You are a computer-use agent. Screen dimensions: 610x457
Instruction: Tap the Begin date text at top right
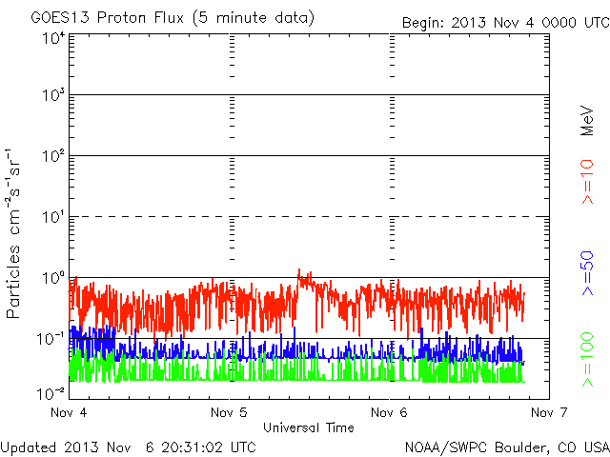[x=506, y=23]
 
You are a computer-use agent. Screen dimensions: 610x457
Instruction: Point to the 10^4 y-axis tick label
[x=53, y=38]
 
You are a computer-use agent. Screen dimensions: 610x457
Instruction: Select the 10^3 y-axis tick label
[x=53, y=94]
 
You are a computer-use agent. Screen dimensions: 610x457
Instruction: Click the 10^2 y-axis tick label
[x=53, y=156]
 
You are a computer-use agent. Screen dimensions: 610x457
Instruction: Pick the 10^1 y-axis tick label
[x=53, y=217]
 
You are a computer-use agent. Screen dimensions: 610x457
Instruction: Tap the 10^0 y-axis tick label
[x=53, y=278]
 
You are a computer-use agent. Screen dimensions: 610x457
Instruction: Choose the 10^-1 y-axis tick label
[x=51, y=339]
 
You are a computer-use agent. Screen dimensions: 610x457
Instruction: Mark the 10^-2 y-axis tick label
[x=51, y=393]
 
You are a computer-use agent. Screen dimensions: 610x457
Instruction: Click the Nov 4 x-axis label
[x=69, y=412]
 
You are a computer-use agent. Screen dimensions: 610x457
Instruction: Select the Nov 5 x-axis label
[x=229, y=412]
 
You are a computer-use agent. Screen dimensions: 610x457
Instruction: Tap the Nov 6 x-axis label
[x=389, y=412]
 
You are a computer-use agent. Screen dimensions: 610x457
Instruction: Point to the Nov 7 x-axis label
[x=549, y=412]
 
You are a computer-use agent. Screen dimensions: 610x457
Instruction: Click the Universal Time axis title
[x=309, y=427]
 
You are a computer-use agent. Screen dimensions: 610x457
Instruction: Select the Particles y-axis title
[x=12, y=233]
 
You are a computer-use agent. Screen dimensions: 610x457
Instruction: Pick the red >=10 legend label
[x=587, y=182]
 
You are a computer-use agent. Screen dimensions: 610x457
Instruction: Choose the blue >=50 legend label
[x=587, y=273]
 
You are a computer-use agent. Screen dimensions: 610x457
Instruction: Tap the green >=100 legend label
[x=587, y=360]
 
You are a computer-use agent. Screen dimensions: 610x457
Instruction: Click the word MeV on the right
[x=587, y=121]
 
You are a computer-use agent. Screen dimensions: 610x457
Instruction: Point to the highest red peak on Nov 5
[x=298, y=269]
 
